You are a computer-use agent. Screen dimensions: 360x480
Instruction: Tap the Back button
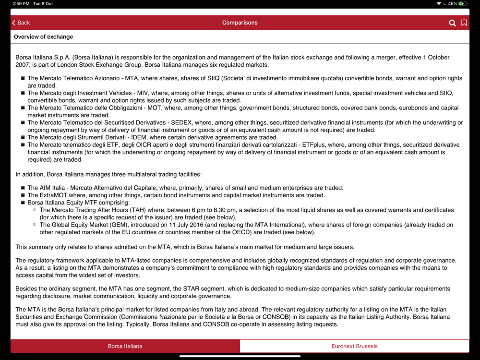click(21, 23)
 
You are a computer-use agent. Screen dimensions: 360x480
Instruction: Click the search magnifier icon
click(452, 23)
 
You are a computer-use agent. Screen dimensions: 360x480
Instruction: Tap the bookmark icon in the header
click(464, 23)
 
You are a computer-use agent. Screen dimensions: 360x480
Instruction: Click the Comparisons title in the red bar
click(240, 23)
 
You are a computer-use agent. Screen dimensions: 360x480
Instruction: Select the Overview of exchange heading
click(43, 36)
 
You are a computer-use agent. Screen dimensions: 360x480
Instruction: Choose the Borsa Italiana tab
click(125, 346)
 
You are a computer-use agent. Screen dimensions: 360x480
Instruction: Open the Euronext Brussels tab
click(354, 346)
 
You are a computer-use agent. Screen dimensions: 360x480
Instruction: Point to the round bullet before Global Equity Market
click(35, 225)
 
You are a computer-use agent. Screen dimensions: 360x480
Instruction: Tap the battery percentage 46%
click(452, 4)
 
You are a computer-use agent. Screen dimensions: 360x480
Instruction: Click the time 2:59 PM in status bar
click(21, 4)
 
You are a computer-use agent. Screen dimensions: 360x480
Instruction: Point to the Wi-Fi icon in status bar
click(439, 4)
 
